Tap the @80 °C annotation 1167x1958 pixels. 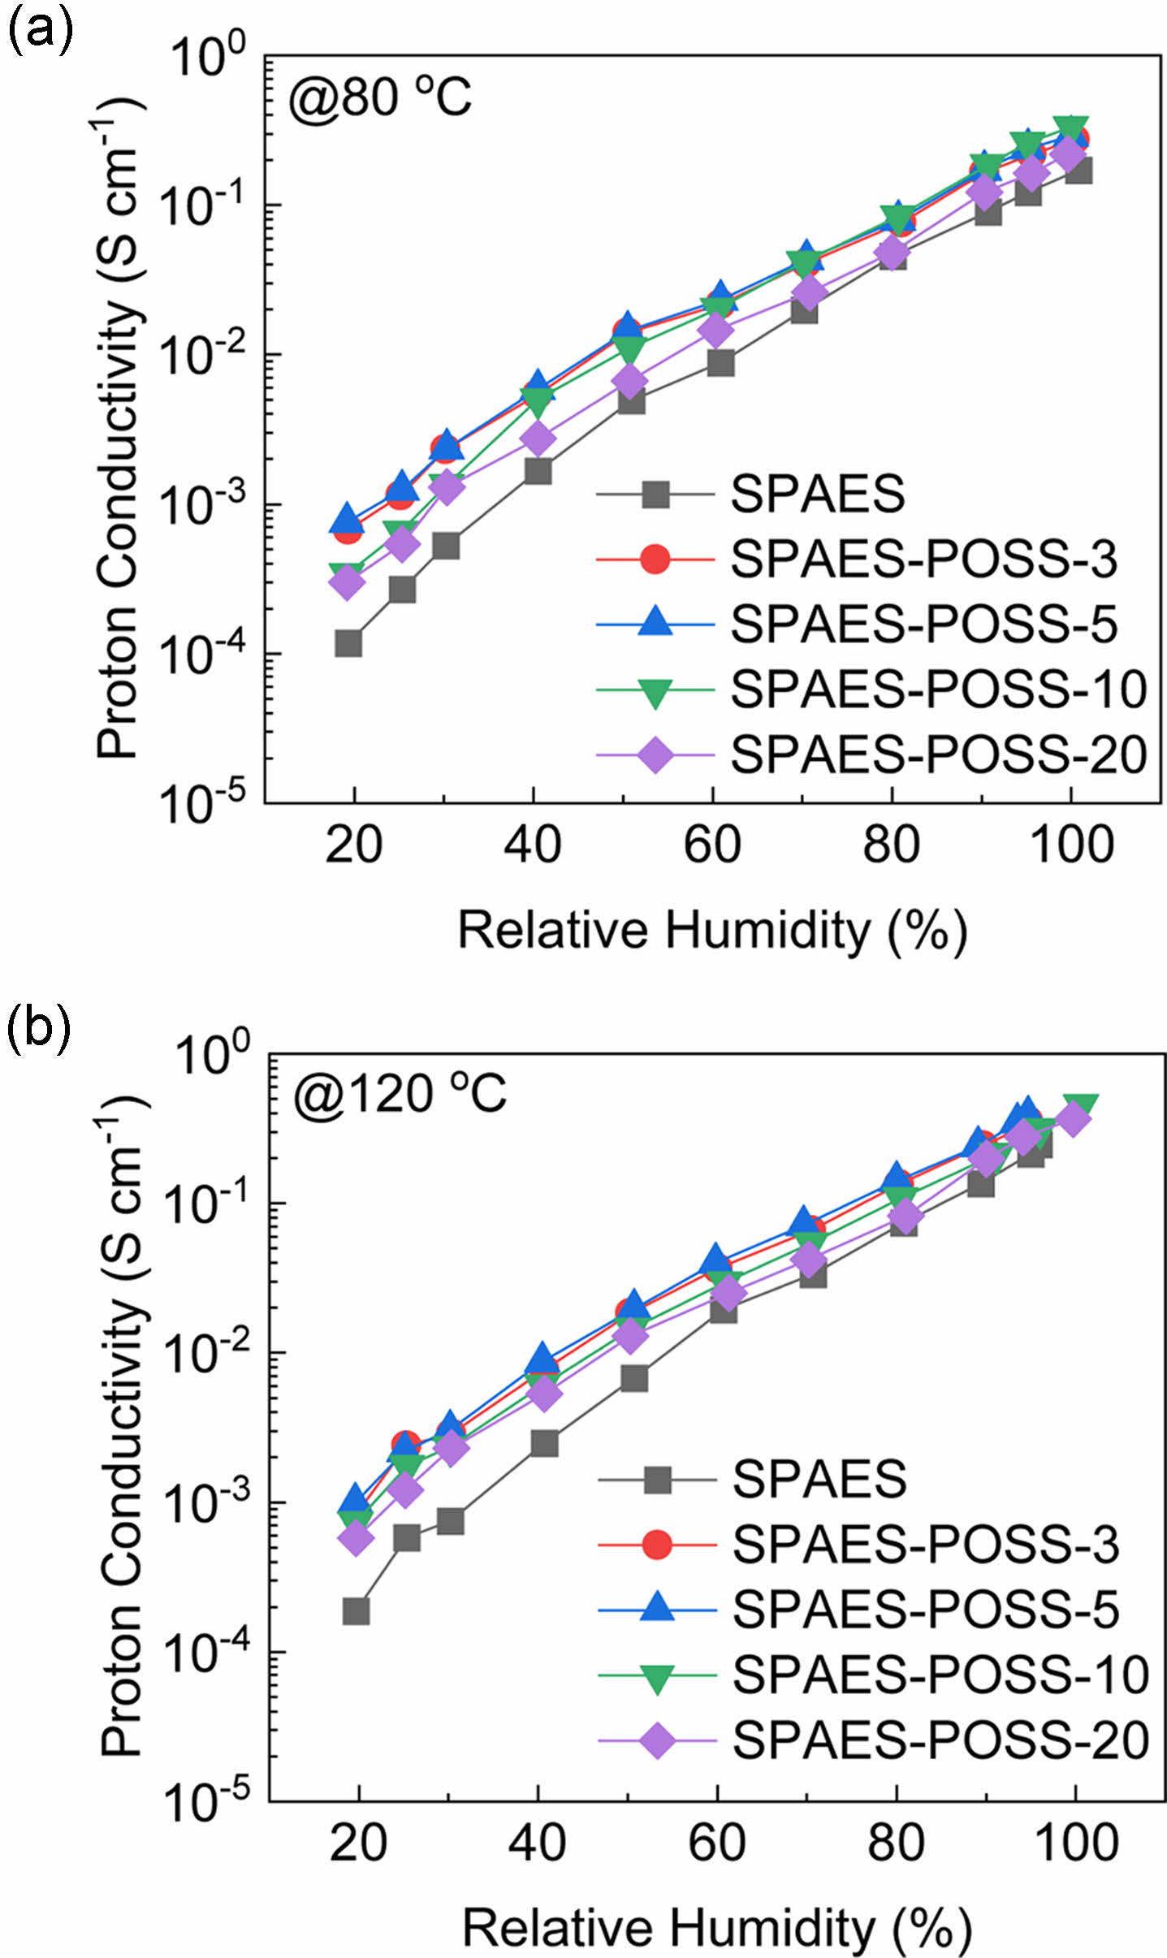click(379, 98)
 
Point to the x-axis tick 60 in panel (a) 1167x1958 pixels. click(712, 845)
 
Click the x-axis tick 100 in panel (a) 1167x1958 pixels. click(1071, 845)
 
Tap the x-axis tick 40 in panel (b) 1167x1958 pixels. click(538, 1843)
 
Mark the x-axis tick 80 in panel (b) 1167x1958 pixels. click(897, 1843)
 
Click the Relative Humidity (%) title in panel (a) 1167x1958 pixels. click(712, 931)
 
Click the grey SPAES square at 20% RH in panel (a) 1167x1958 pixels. click(348, 643)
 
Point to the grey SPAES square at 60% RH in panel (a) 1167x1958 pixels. click(720, 363)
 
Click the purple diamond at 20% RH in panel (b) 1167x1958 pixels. click(356, 1538)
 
